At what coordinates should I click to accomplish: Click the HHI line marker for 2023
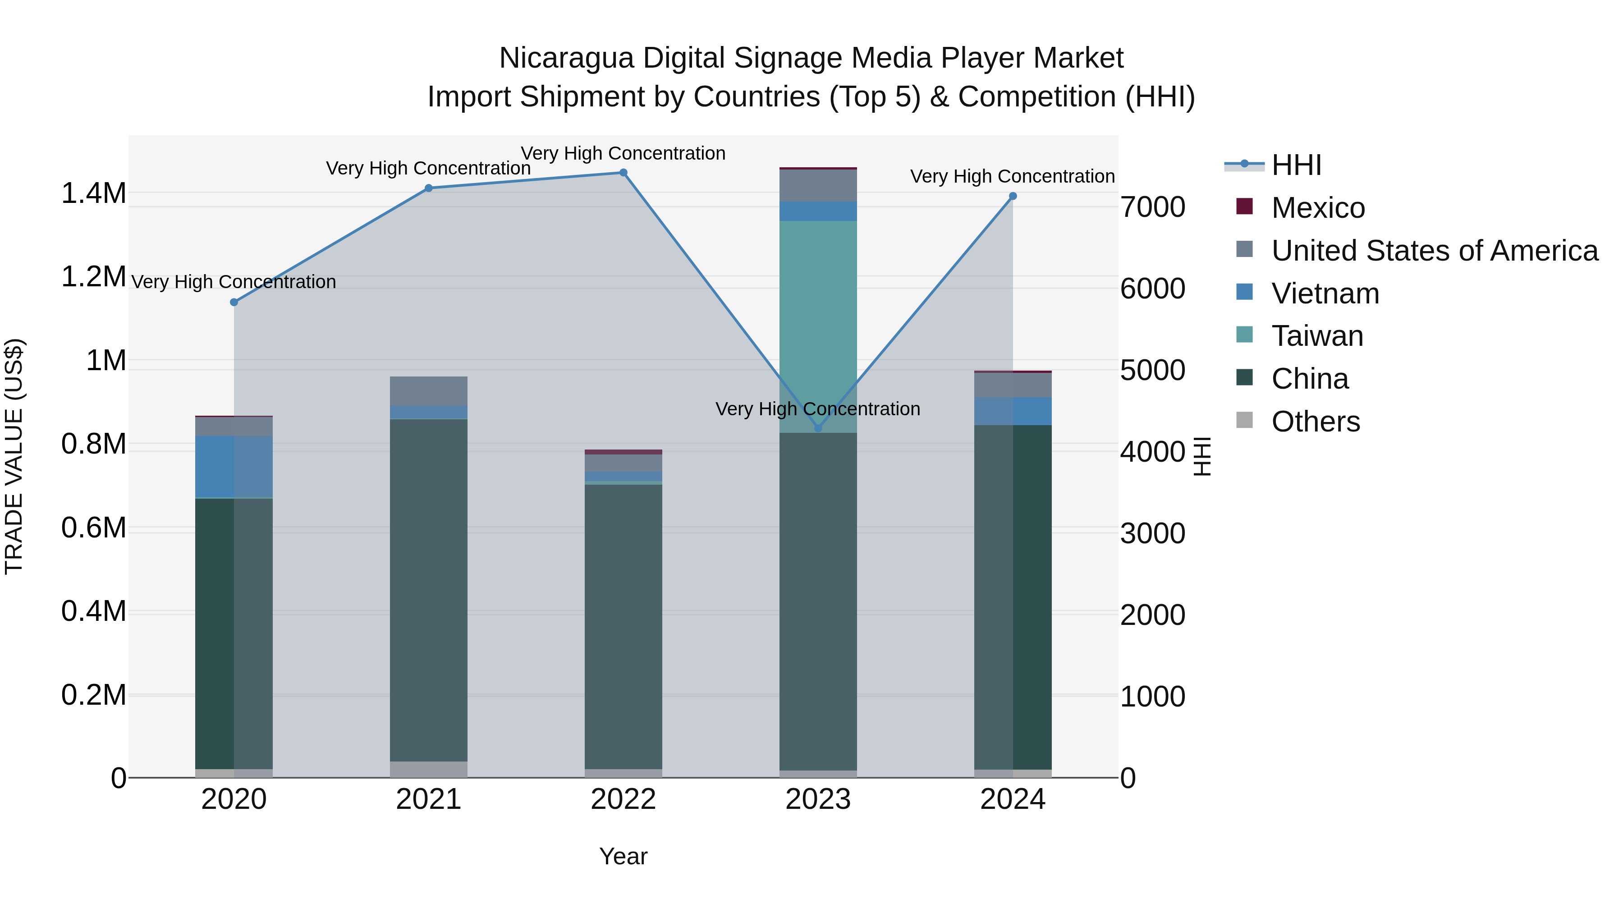[818, 428]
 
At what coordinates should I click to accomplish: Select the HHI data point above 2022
[623, 173]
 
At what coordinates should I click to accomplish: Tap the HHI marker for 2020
[234, 303]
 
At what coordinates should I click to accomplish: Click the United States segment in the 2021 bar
[428, 390]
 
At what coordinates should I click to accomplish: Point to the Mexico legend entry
[1317, 208]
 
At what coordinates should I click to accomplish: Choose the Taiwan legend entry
[1317, 336]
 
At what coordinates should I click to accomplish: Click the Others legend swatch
[1244, 420]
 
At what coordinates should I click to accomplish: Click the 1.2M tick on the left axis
[93, 277]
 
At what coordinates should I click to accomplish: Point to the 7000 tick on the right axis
[1152, 207]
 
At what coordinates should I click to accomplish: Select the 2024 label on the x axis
[1013, 799]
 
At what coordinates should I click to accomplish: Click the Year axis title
[623, 856]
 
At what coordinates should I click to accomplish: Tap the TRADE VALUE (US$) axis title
[14, 456]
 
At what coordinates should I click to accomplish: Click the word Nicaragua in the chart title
[566, 58]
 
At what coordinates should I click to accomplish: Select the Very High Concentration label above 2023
[818, 409]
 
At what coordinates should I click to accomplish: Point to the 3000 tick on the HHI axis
[1152, 534]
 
